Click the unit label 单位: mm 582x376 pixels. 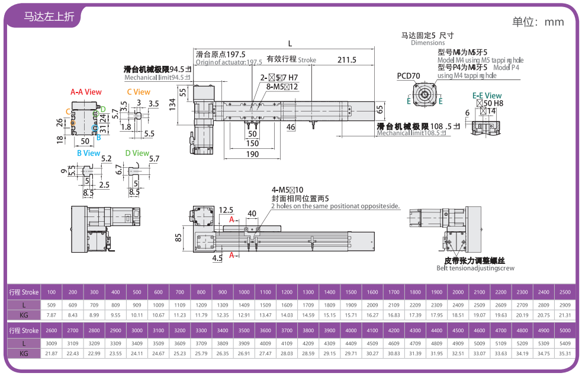coord(538,22)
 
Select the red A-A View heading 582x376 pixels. coord(86,92)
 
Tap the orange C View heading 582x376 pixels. coord(139,92)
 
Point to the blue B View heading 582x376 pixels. coord(88,153)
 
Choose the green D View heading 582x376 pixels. coord(137,153)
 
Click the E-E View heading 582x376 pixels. coord(487,95)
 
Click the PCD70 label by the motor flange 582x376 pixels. coord(408,75)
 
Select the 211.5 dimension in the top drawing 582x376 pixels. coord(347,59)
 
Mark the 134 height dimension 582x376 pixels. coord(172,105)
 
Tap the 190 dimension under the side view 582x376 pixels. coord(252,154)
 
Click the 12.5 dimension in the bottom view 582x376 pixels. coord(226,210)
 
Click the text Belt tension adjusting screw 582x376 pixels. coord(475,268)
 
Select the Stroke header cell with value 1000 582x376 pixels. coord(244,292)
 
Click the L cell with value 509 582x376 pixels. coord(52,305)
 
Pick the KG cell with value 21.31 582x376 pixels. coord(565,315)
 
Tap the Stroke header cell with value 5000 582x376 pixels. coord(565,330)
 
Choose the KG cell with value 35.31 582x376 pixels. coord(565,353)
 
